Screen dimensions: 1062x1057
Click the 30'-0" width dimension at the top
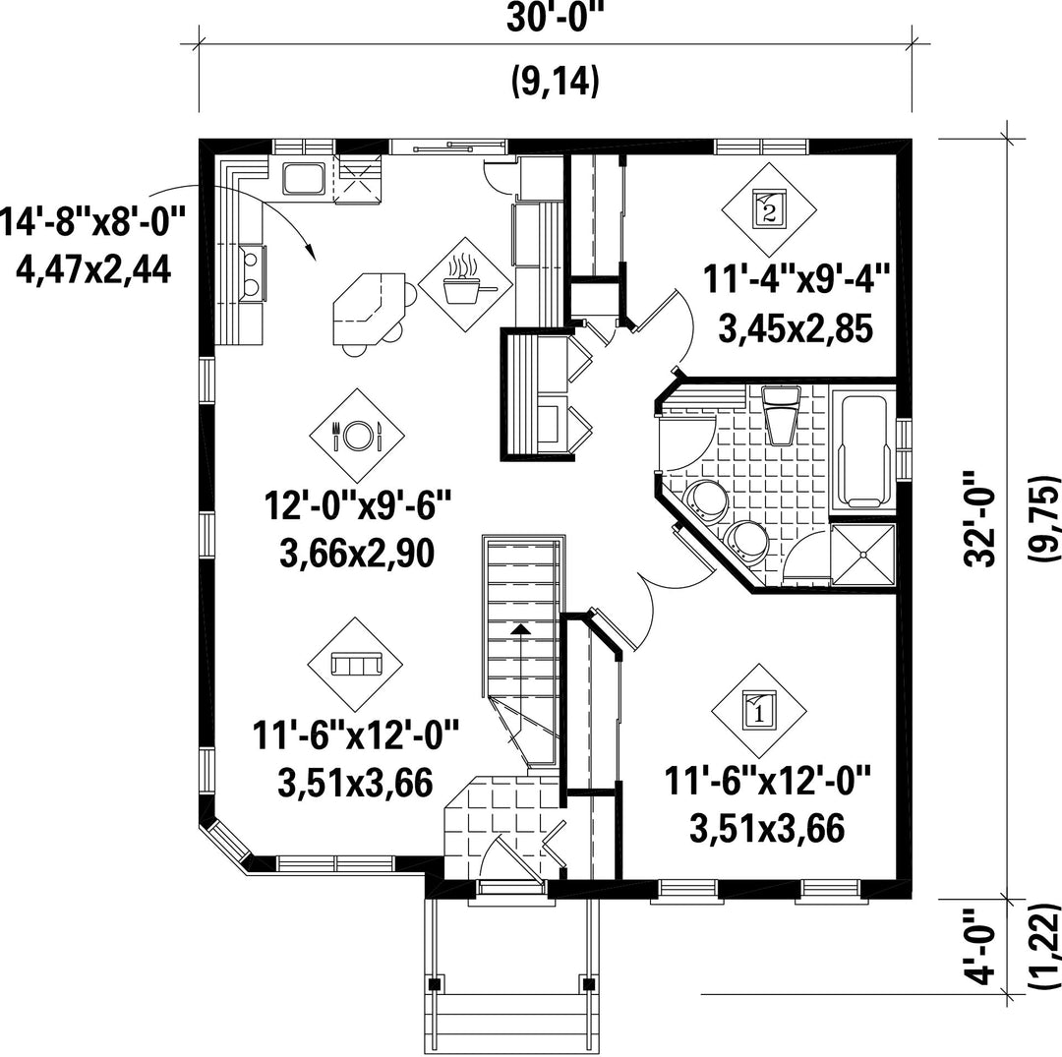555,19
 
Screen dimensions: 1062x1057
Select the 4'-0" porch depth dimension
980,946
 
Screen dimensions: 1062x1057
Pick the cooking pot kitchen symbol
466,284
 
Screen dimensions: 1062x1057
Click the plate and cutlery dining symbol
358,436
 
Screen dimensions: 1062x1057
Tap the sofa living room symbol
356,665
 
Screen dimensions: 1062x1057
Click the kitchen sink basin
304,178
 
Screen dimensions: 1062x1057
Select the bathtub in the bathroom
863,450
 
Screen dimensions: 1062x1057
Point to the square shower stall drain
863,555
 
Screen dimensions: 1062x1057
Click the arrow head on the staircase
520,629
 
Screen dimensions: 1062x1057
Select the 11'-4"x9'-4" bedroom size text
796,279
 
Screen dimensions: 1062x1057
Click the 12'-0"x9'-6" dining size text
357,505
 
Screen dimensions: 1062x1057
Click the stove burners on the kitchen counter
251,272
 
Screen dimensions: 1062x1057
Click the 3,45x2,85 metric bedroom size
796,329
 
